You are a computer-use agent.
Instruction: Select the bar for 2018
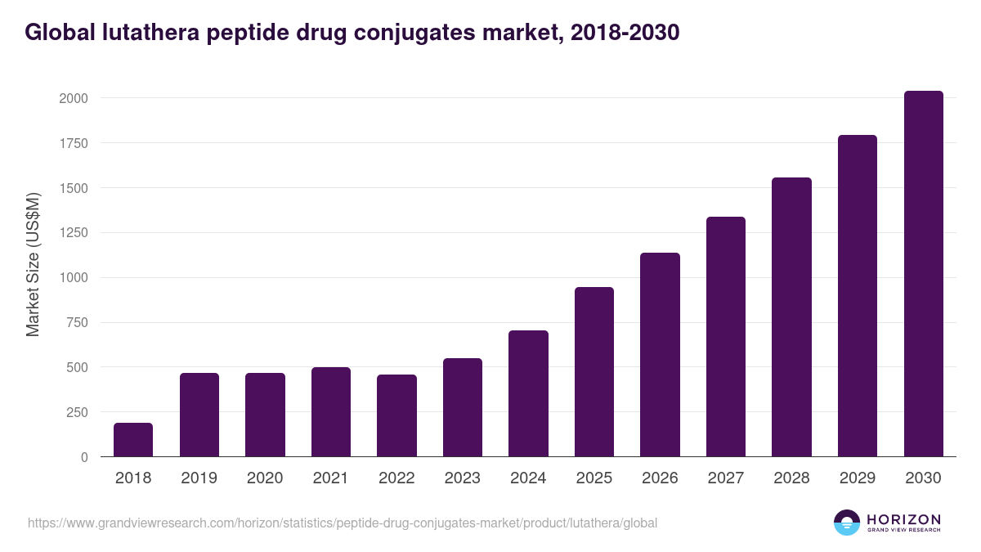click(133, 440)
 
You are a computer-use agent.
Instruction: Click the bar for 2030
click(923, 274)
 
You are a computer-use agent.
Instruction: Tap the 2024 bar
click(528, 393)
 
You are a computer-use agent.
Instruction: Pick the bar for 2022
click(396, 415)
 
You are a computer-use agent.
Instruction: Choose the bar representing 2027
click(726, 337)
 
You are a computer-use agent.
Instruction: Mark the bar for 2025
click(594, 372)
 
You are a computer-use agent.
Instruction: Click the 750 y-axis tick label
click(74, 322)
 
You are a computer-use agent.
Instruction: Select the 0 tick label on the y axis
click(84, 457)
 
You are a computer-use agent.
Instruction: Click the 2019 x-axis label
click(199, 478)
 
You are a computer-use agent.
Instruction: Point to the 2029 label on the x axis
click(858, 478)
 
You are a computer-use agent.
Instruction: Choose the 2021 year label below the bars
click(330, 478)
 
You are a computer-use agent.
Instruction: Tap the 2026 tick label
click(660, 478)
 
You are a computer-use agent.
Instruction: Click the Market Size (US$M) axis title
click(33, 265)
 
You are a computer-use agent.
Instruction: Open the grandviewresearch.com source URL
click(343, 523)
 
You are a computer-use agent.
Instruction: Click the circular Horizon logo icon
click(847, 523)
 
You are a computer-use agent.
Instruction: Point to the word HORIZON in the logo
click(903, 518)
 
